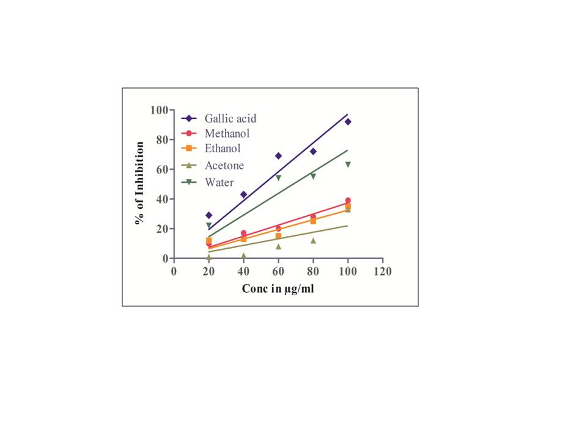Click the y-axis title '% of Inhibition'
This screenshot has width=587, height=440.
coord(140,183)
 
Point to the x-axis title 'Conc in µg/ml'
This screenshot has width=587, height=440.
coord(278,288)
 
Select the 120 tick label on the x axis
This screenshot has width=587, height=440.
coord(383,271)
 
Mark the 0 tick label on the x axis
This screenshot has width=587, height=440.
coord(174,271)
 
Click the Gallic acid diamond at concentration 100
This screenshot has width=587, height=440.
coord(348,122)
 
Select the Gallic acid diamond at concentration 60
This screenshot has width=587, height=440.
coord(278,156)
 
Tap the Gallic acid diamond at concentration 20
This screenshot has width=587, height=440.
coord(209,215)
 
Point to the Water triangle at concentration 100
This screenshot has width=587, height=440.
coord(348,164)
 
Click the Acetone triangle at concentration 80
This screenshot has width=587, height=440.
coord(313,240)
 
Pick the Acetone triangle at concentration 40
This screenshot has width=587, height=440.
coord(243,255)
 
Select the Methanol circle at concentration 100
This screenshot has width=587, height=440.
coord(348,200)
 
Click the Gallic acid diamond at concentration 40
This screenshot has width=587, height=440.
coord(243,194)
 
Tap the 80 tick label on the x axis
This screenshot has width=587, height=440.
coord(313,271)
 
